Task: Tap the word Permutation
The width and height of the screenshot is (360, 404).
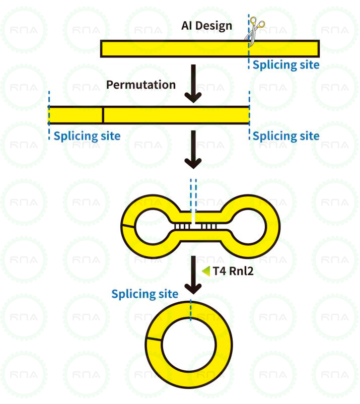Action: tap(141, 85)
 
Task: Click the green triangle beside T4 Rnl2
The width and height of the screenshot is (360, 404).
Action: tap(206, 271)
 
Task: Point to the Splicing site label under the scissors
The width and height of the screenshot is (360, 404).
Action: tap(285, 64)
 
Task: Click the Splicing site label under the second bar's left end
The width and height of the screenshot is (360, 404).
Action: tap(87, 136)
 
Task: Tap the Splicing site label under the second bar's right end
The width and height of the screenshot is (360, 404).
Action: tap(285, 136)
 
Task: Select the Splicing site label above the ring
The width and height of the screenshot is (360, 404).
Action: tap(145, 294)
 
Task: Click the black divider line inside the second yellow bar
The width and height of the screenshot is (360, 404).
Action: tap(103, 115)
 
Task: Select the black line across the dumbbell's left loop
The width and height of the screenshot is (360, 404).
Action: tap(128, 225)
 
